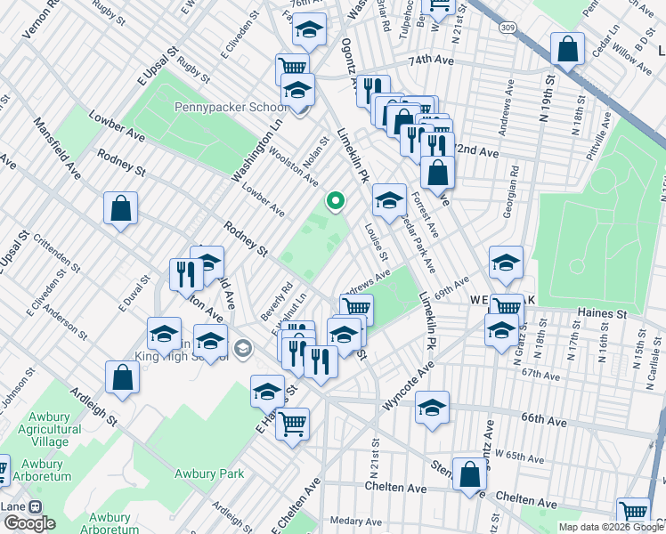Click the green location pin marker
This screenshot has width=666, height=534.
click(x=335, y=201)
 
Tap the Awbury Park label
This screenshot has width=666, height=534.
click(x=209, y=473)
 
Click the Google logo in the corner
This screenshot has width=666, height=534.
click(x=29, y=522)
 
